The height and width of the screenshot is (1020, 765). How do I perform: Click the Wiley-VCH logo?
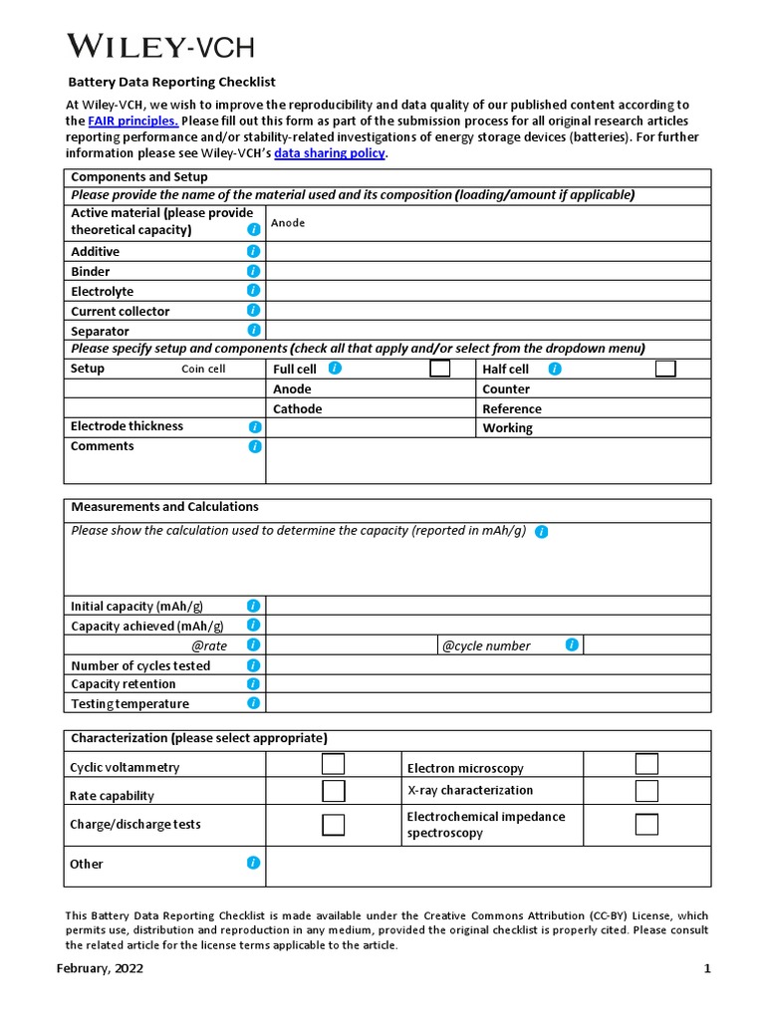pos(160,46)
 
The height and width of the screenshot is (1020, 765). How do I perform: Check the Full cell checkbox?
pos(439,369)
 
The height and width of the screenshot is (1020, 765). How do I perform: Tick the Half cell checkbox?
pos(665,369)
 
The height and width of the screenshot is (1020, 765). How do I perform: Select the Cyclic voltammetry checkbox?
pos(334,764)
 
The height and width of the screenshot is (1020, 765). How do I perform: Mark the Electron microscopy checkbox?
pos(646,764)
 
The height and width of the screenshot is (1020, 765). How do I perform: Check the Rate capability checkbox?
pos(334,791)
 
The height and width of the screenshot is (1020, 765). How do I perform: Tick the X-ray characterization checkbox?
pos(646,791)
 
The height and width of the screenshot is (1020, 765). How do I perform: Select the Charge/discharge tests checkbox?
pos(334,825)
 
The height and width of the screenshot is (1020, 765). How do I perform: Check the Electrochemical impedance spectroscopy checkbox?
pos(646,824)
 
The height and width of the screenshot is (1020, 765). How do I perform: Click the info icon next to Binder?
pos(254,271)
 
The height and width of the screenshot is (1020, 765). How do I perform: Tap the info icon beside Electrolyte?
pos(254,290)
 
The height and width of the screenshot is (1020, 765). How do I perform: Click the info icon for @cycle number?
pos(572,644)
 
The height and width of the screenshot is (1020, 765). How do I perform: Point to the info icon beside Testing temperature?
pos(254,702)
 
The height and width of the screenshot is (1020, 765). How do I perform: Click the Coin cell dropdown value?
pos(203,370)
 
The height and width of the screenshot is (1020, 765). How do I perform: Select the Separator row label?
pos(100,331)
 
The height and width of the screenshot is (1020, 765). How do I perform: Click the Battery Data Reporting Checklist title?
pos(171,82)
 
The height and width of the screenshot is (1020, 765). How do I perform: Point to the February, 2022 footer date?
pos(100,968)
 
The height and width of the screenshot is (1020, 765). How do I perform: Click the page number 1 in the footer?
pos(707,968)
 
